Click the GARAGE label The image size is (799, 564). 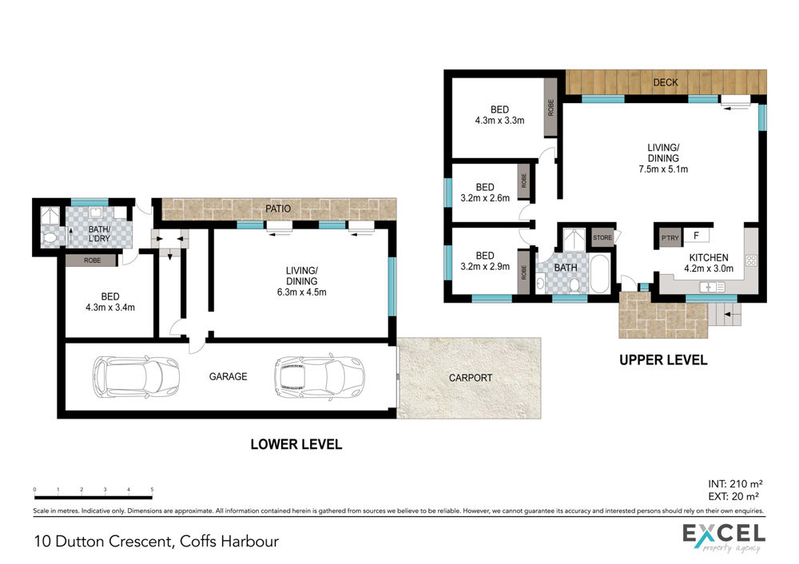[228, 376]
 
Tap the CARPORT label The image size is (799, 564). [471, 378]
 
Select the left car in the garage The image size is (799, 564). [136, 376]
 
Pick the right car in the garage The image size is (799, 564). [320, 377]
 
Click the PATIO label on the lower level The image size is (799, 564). [278, 209]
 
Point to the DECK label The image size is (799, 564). [666, 82]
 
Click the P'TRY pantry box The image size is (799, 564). [670, 238]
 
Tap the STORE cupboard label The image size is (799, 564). [602, 237]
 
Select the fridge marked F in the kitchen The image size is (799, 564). [696, 236]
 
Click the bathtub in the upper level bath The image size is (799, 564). [599, 273]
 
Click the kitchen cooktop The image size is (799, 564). [751, 261]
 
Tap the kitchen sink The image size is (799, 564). [713, 288]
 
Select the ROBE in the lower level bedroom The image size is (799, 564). [92, 260]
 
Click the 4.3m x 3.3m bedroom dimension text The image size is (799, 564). [499, 121]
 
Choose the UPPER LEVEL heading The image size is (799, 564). [663, 360]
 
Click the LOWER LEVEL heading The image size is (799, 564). [296, 444]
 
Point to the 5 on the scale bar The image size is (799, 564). [152, 490]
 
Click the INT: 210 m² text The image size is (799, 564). [735, 484]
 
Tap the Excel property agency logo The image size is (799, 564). [724, 538]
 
